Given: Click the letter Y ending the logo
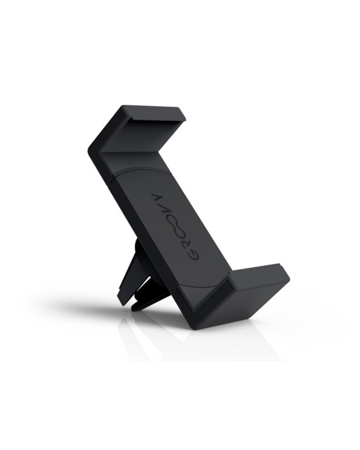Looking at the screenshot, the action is pos(155,196).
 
